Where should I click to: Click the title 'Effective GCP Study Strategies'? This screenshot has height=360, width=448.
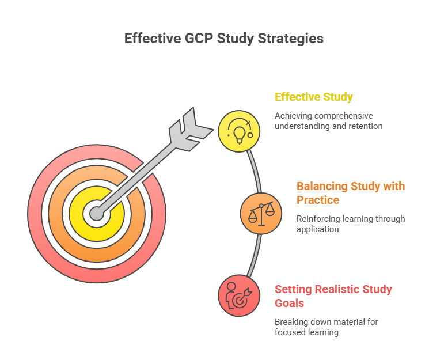click(x=224, y=39)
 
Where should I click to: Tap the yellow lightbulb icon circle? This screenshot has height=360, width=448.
click(x=239, y=131)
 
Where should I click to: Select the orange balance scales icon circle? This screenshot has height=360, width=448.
click(x=261, y=214)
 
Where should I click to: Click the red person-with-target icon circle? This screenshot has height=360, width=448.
click(x=239, y=295)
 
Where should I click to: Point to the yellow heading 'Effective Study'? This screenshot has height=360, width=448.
click(x=314, y=97)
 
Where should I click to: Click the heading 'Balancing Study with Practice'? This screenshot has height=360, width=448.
click(x=350, y=193)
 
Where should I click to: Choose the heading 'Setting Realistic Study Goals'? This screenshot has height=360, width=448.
click(x=333, y=296)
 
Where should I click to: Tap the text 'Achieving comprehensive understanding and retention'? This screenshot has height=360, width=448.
click(x=328, y=120)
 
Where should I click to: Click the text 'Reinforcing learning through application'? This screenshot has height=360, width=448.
click(x=350, y=223)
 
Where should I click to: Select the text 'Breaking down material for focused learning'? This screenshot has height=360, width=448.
click(x=326, y=327)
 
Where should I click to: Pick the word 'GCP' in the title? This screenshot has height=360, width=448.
click(x=198, y=39)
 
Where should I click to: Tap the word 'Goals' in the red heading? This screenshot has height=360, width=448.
click(x=290, y=303)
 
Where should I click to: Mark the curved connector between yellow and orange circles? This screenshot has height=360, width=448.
click(x=255, y=170)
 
